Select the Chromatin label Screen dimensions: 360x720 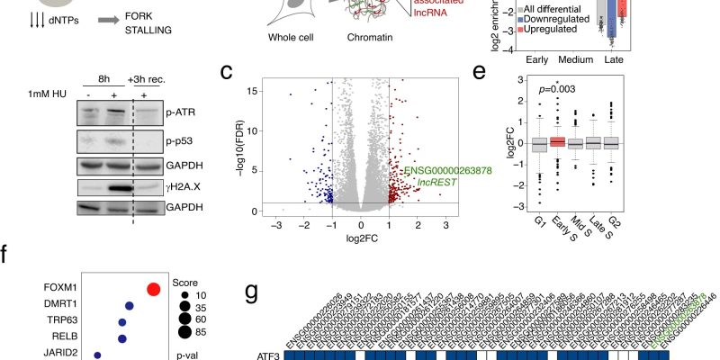coord(373,38)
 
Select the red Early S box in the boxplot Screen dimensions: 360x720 coord(559,141)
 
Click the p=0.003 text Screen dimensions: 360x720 coord(559,92)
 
